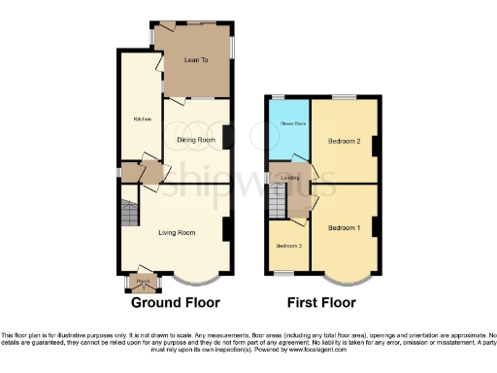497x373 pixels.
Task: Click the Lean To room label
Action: click(x=197, y=60)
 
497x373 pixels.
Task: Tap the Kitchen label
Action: click(x=142, y=119)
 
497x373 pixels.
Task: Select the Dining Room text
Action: click(x=195, y=139)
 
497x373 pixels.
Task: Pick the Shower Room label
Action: click(x=294, y=123)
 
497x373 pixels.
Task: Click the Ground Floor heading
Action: click(x=176, y=302)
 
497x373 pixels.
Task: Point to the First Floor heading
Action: click(x=320, y=302)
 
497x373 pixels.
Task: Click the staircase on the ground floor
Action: click(x=128, y=213)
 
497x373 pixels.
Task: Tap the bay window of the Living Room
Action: click(x=190, y=278)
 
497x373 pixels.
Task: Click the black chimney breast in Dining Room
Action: click(x=227, y=137)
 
